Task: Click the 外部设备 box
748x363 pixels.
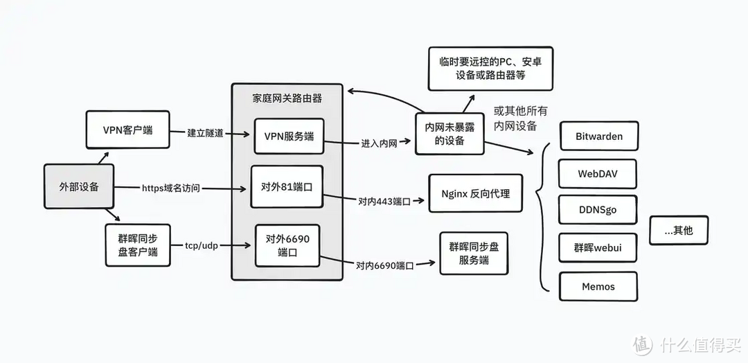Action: pyautogui.click(x=78, y=186)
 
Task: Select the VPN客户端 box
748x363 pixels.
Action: pyautogui.click(x=127, y=130)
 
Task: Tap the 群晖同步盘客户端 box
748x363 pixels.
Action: pyautogui.click(x=138, y=245)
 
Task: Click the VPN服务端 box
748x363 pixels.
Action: pyautogui.click(x=289, y=136)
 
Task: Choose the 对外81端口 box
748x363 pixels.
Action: pyautogui.click(x=287, y=187)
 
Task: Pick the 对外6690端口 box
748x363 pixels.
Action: pyautogui.click(x=287, y=245)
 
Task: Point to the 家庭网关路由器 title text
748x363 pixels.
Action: pyautogui.click(x=287, y=98)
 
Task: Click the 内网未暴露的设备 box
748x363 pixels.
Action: pyautogui.click(x=449, y=134)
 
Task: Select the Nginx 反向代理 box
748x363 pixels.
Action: pyautogui.click(x=475, y=193)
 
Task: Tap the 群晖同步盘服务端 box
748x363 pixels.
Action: pyautogui.click(x=473, y=254)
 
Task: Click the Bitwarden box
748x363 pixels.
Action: pyautogui.click(x=598, y=136)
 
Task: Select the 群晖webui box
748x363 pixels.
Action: pyautogui.click(x=598, y=248)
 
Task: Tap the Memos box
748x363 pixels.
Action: pyautogui.click(x=598, y=286)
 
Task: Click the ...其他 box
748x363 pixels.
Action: pyautogui.click(x=678, y=230)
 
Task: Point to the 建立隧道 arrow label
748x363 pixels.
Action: pyautogui.click(x=205, y=133)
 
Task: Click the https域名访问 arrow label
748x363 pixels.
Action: pyautogui.click(x=170, y=188)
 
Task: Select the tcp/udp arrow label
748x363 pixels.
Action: pyautogui.click(x=202, y=245)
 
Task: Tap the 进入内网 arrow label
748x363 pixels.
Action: pyautogui.click(x=378, y=144)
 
